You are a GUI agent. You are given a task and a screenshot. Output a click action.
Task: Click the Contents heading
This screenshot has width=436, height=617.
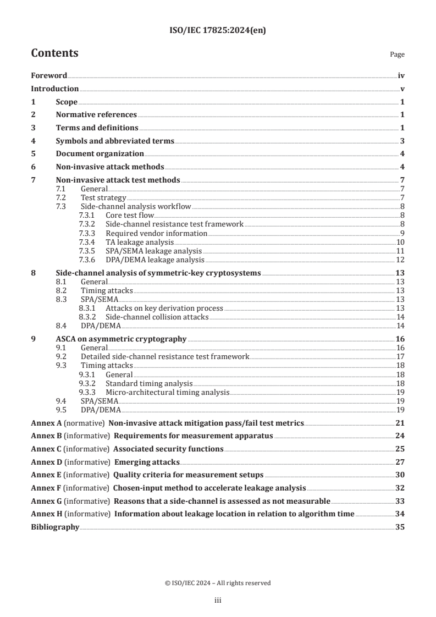tap(54, 53)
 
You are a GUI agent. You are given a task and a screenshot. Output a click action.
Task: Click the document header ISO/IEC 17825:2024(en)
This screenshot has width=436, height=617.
tap(218, 31)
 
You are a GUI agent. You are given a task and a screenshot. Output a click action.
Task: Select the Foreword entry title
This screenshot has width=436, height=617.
tap(49, 75)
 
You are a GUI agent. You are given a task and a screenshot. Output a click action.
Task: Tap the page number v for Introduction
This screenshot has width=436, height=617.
tap(402, 89)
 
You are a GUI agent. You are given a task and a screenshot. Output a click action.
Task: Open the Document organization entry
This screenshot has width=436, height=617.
tap(100, 154)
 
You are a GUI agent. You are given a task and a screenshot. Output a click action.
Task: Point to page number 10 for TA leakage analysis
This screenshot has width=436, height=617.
tap(401, 242)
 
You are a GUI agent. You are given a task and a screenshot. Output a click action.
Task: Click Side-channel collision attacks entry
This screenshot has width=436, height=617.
tap(157, 317)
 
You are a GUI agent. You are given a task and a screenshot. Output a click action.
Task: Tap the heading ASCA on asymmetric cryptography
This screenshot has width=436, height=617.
tap(121, 339)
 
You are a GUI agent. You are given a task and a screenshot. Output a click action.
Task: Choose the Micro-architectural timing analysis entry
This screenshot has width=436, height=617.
tap(167, 392)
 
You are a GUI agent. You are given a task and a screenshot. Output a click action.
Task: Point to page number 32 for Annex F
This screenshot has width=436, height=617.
tap(401, 488)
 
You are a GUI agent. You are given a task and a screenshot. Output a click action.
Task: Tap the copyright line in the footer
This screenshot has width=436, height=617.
tap(218, 583)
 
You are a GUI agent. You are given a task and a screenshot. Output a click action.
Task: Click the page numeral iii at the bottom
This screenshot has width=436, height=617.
tap(218, 601)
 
